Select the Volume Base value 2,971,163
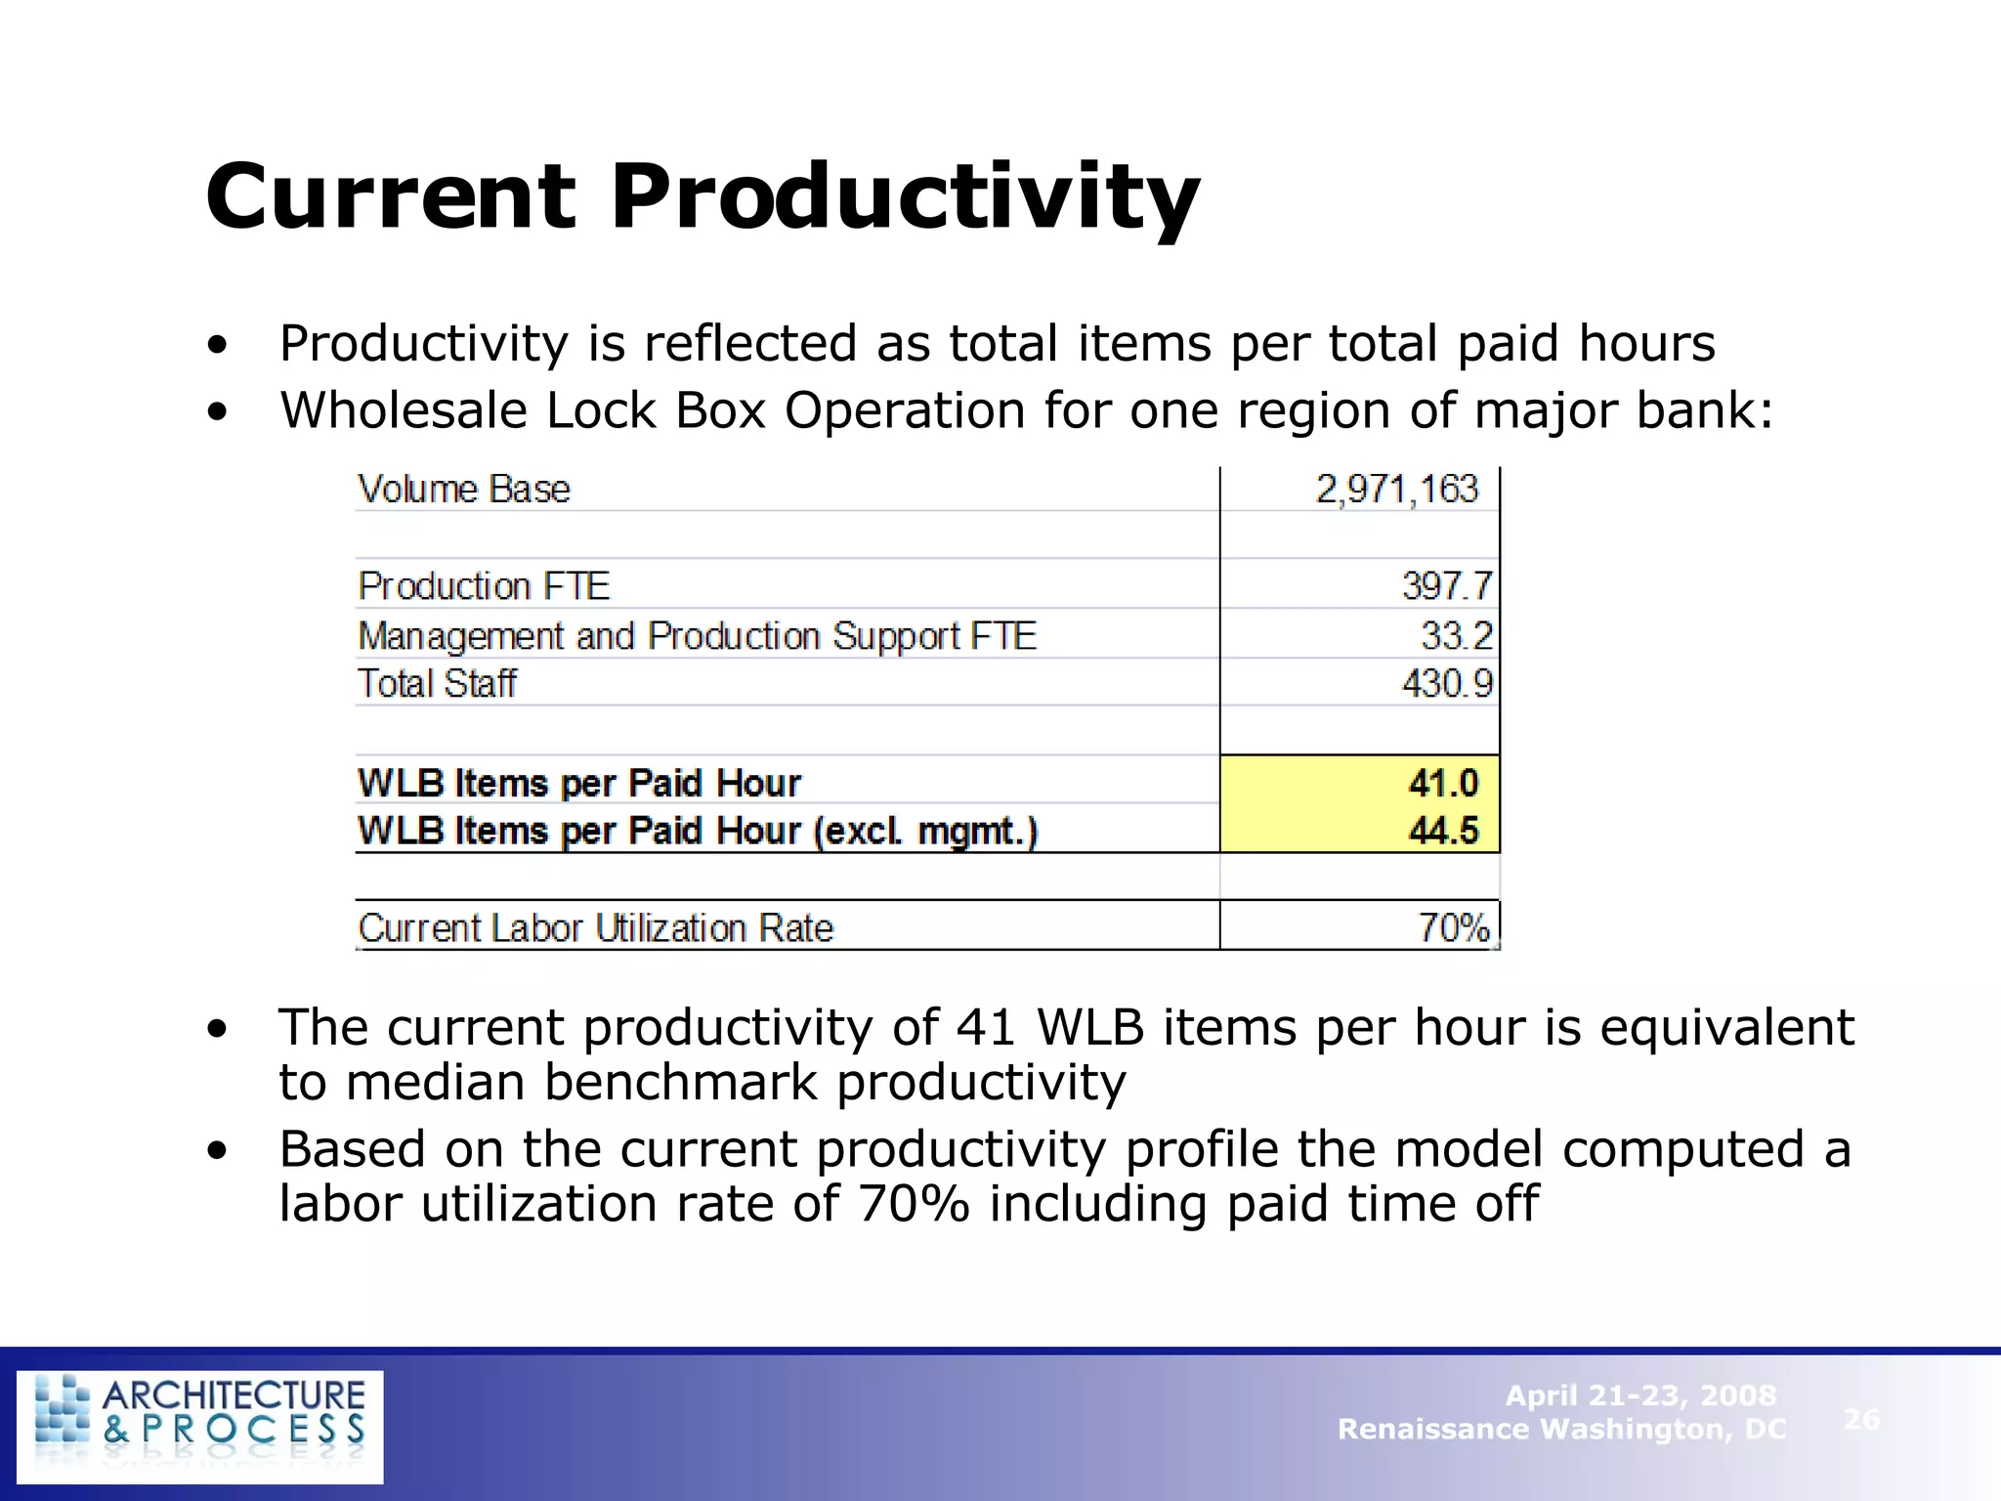1396,490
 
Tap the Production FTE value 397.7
1447,586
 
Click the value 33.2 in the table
1457,636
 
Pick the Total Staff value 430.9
1447,684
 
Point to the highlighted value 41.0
1443,783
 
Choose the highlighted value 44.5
1443,831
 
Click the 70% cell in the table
1454,927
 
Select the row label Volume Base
464,490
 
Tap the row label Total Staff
437,684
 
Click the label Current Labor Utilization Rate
596,927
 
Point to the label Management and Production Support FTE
697,636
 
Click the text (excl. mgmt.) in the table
925,831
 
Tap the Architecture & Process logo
200,1426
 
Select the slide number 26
1861,1418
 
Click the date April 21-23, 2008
1640,1395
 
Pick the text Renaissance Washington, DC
1561,1430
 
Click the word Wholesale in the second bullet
404,410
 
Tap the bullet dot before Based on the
217,1151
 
